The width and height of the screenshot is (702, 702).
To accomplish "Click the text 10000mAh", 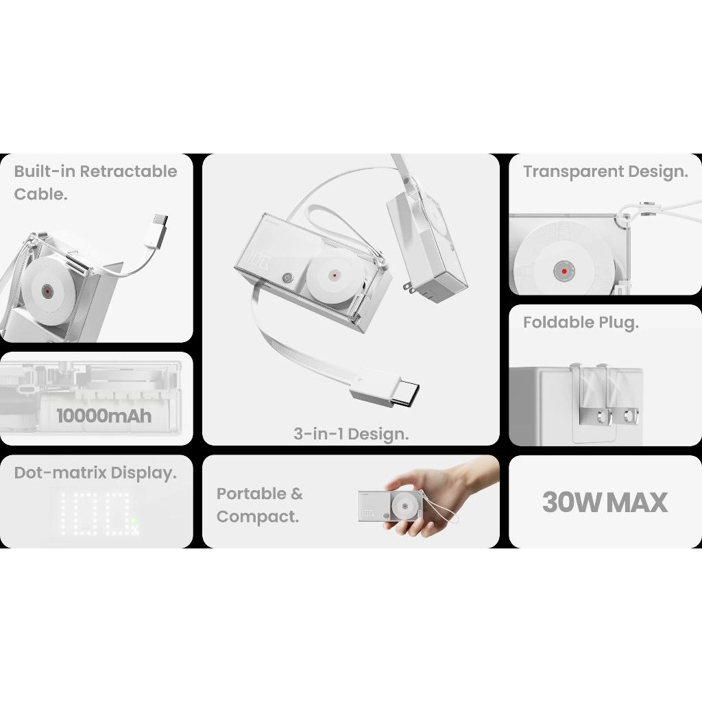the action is [104, 416].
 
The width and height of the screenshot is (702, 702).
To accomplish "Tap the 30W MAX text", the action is [605, 503].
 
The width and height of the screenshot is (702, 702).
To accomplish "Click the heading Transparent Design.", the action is [606, 171].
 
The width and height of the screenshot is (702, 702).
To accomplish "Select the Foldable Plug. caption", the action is [581, 322].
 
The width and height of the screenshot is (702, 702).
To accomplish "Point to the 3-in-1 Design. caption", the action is [351, 434].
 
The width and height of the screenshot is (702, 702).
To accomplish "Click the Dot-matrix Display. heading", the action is [95, 473].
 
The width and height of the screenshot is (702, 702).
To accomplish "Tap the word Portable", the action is [251, 494].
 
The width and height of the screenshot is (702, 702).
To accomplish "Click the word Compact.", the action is [258, 517].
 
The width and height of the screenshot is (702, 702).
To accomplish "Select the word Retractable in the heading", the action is [128, 171].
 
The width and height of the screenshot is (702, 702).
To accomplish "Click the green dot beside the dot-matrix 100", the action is [133, 521].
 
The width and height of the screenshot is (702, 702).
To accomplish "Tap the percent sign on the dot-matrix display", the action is [135, 531].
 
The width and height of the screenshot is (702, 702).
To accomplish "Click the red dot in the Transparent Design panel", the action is [564, 271].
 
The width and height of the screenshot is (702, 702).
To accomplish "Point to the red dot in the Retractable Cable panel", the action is [47, 291].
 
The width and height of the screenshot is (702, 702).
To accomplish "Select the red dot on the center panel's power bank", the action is [335, 276].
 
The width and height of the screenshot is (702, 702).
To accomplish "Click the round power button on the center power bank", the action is [287, 278].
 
